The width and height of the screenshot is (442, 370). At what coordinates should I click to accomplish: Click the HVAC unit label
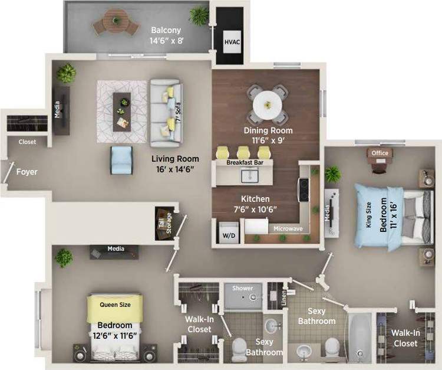pyautogui.click(x=230, y=42)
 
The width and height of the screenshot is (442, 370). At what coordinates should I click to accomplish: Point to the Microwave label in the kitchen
pyautogui.click(x=288, y=228)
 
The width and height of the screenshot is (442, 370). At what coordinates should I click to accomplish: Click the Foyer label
pyautogui.click(x=27, y=172)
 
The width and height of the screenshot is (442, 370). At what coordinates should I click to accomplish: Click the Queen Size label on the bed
pyautogui.click(x=115, y=304)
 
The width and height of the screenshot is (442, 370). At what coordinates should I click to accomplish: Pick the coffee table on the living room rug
pyautogui.click(x=123, y=103)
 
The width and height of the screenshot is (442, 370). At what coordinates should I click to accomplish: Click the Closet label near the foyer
pyautogui.click(x=27, y=142)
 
